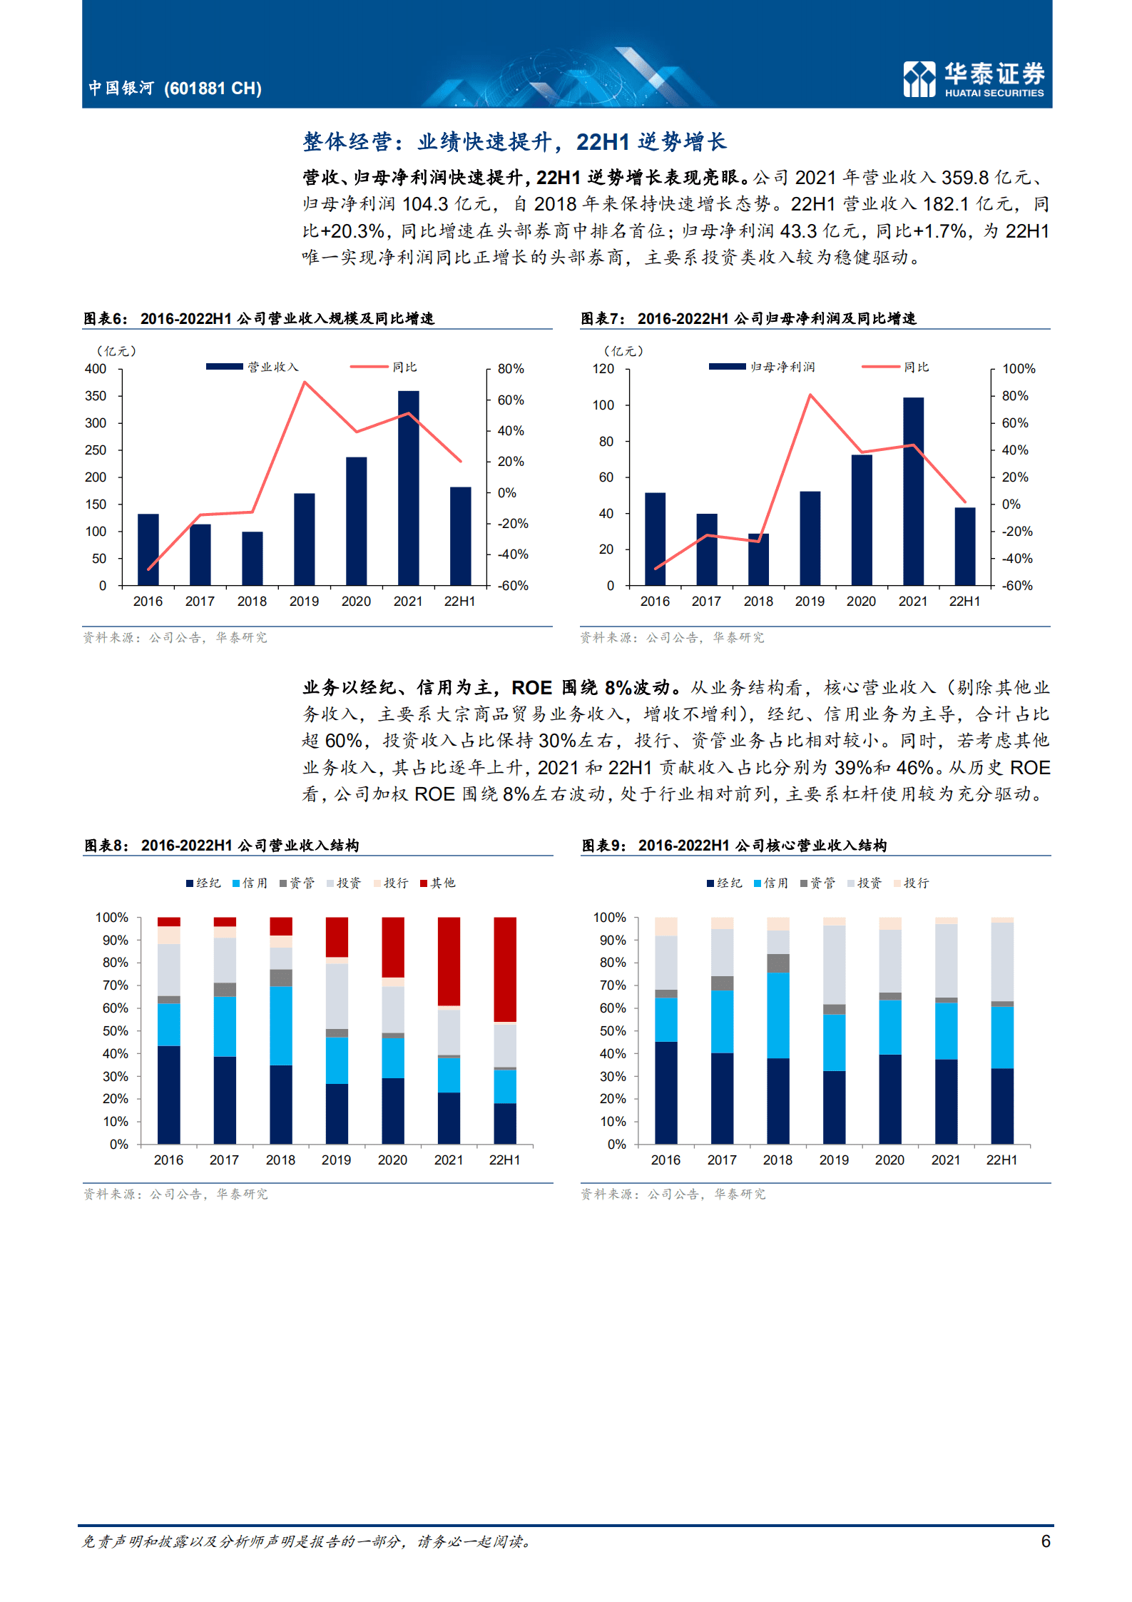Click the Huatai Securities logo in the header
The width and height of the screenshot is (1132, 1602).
[x=973, y=78]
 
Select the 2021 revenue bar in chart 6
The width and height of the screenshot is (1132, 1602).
[x=408, y=488]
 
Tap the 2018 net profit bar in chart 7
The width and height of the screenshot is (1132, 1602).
[x=758, y=559]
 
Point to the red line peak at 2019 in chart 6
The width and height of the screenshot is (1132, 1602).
[x=305, y=382]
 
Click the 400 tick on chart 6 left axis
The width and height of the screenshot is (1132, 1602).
[x=96, y=369]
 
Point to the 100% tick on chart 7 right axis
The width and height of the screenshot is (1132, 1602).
[x=1018, y=369]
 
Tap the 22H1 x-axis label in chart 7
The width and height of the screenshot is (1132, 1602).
[x=964, y=602]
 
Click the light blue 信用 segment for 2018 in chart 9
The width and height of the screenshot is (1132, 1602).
[x=777, y=1015]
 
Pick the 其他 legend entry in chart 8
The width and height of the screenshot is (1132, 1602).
[x=438, y=883]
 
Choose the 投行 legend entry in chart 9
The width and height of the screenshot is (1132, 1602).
[x=912, y=883]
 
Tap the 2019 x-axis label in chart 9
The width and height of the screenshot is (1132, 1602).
[x=834, y=1160]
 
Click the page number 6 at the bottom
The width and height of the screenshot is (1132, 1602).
[x=1045, y=1541]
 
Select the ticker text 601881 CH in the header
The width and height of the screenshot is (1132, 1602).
[x=213, y=88]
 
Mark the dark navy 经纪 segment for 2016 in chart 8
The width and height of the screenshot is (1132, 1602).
[x=168, y=1095]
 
